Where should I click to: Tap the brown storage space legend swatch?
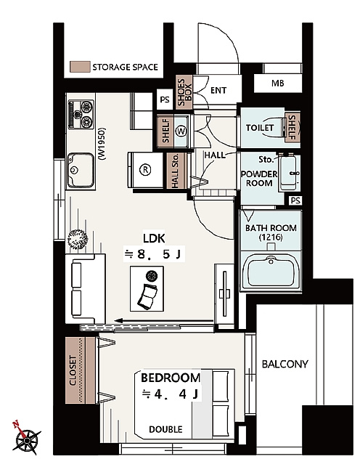[x=80, y=67]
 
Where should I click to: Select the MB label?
[x=277, y=84]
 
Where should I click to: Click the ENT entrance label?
[x=218, y=90]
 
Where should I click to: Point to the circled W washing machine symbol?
[x=181, y=131]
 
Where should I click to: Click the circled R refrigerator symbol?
[x=145, y=169]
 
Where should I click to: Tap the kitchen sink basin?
[x=81, y=171]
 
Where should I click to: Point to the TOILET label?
[x=260, y=128]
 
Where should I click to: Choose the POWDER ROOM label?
[x=259, y=179]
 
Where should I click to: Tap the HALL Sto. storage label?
[x=175, y=171]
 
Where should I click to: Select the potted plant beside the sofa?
[x=78, y=239]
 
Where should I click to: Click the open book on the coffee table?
[x=147, y=296]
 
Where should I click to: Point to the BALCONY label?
[x=285, y=364]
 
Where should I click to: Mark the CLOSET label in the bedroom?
[x=73, y=370]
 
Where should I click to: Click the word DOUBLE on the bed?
[x=165, y=429]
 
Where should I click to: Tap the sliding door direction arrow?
[x=164, y=321]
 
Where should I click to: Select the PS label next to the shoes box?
[x=165, y=99]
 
